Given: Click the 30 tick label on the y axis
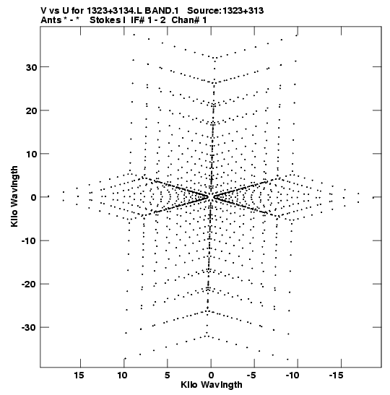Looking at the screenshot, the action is tap(31, 67).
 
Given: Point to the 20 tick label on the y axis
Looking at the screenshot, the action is tap(31, 110).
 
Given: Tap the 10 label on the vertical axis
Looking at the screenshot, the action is tap(31, 154).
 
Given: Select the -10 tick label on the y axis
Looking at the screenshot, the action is tap(29, 241).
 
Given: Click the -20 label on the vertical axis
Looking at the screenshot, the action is tap(29, 285).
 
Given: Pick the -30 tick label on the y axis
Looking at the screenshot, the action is tap(29, 328).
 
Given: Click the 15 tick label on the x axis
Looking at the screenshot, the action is tap(79, 376).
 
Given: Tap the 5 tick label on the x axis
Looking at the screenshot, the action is tap(168, 376).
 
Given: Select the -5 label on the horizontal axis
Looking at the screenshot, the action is tap(251, 376).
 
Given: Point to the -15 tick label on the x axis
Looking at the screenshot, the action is tap(336, 376).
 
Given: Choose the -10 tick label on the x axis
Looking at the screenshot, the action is tap(292, 376).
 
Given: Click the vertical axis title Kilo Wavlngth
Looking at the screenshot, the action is tap(14, 196).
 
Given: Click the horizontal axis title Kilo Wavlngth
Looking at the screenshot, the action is tap(212, 385).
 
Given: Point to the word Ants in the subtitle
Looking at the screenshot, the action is tap(51, 20).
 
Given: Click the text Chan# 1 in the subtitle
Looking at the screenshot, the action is tap(189, 20).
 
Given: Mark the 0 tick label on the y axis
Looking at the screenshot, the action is tap(34, 198).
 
